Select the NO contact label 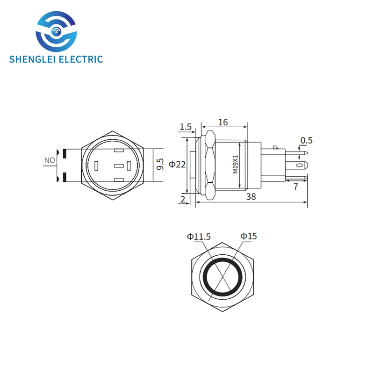(x=50, y=160)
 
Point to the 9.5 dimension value (x=160, y=164)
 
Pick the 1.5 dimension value (x=186, y=127)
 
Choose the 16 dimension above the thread (x=223, y=122)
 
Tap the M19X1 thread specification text (x=236, y=165)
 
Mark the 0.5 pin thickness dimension (x=307, y=140)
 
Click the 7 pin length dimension (x=296, y=187)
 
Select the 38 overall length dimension (x=251, y=198)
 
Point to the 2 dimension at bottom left (x=182, y=200)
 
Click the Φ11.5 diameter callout (x=199, y=237)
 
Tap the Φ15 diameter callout (x=249, y=237)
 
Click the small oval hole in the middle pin (x=299, y=165)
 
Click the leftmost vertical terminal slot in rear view (x=96, y=166)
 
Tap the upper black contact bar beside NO (x=64, y=152)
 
